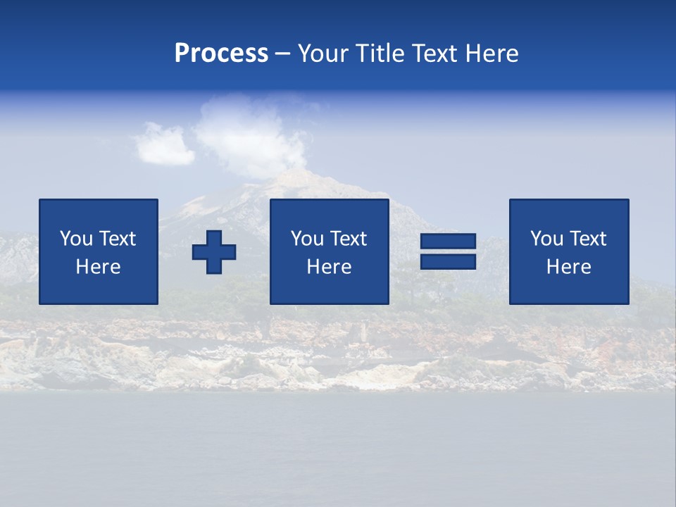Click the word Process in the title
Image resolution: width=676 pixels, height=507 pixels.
pyautogui.click(x=221, y=54)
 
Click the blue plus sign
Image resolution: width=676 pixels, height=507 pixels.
pyautogui.click(x=214, y=252)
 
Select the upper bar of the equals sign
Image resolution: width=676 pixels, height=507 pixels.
pyautogui.click(x=448, y=242)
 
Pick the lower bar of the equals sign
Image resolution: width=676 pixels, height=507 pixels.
pyautogui.click(x=448, y=261)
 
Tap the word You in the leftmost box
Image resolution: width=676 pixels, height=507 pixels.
pyautogui.click(x=76, y=239)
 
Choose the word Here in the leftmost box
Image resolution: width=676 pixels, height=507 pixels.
pyautogui.click(x=98, y=267)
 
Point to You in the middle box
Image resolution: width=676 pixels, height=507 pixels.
pyautogui.click(x=307, y=239)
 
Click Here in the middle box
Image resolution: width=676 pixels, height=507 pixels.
pyautogui.click(x=329, y=267)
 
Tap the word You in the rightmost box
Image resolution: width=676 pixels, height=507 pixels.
pyautogui.click(x=546, y=239)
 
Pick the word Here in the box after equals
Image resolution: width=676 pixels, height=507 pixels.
pyautogui.click(x=568, y=267)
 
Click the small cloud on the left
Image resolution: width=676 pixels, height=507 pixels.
pyautogui.click(x=164, y=144)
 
